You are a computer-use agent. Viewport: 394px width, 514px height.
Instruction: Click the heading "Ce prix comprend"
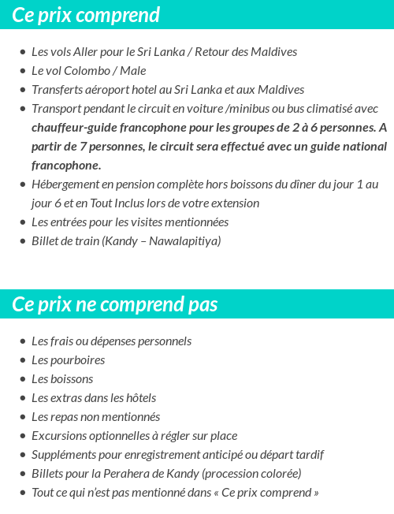point(86,15)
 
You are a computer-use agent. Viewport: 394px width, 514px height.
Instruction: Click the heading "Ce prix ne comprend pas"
point(115,304)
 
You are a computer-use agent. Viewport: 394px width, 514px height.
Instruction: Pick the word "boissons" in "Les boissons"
point(72,379)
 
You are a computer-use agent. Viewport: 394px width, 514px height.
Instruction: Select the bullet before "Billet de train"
point(22,241)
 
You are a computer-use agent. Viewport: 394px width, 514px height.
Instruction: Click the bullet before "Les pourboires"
point(22,360)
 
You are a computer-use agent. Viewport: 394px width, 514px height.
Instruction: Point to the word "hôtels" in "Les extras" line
point(138,398)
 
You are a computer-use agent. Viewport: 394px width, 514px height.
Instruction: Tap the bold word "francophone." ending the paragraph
point(66,166)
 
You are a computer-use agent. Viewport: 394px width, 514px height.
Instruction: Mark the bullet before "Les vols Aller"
point(22,52)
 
